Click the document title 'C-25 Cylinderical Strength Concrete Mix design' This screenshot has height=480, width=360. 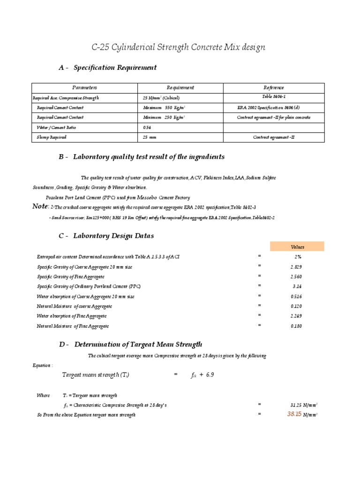pyautogui.click(x=178, y=47)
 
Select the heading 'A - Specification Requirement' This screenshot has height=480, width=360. pyautogui.click(x=108, y=67)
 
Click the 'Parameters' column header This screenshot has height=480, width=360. pyautogui.click(x=84, y=88)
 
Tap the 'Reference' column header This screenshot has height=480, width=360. pyautogui.click(x=274, y=88)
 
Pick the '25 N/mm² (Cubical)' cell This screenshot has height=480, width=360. pyautogui.click(x=161, y=98)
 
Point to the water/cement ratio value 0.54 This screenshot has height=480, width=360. pyautogui.click(x=147, y=127)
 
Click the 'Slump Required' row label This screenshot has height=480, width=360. pyautogui.click(x=52, y=137)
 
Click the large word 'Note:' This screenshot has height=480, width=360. pyautogui.click(x=41, y=206)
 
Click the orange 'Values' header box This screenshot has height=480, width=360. pyautogui.click(x=297, y=247)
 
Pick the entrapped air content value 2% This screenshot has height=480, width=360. pyautogui.click(x=297, y=257)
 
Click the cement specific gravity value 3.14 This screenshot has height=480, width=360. pyautogui.click(x=297, y=286)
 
